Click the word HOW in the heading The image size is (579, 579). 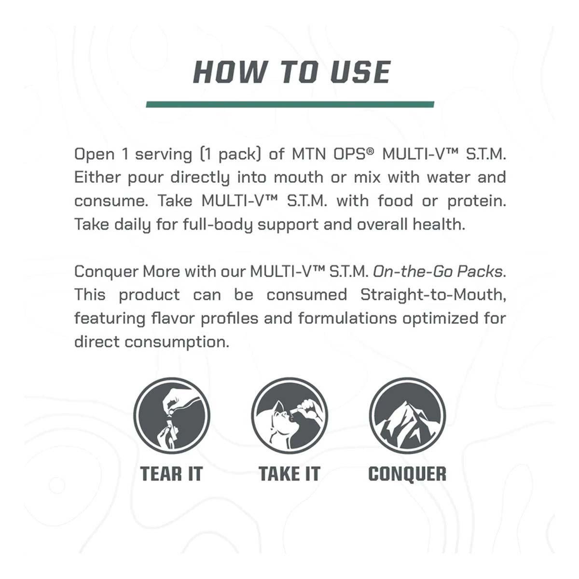coord(230,72)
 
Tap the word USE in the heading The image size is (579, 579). coord(360,72)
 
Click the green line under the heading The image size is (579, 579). coord(290,104)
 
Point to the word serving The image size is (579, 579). coord(164,154)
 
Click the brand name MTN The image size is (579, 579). coord(309,154)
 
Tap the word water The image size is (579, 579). coord(448,178)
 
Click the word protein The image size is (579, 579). coord(477,201)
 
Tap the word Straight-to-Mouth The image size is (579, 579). coord(433,295)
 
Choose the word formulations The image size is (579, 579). coord(347,318)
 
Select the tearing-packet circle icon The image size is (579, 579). coord(172,416)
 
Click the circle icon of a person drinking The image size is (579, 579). coord(289,416)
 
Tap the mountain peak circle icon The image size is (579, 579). coord(407,416)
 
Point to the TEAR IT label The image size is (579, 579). coord(172,474)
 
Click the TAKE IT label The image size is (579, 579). coord(289,474)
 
